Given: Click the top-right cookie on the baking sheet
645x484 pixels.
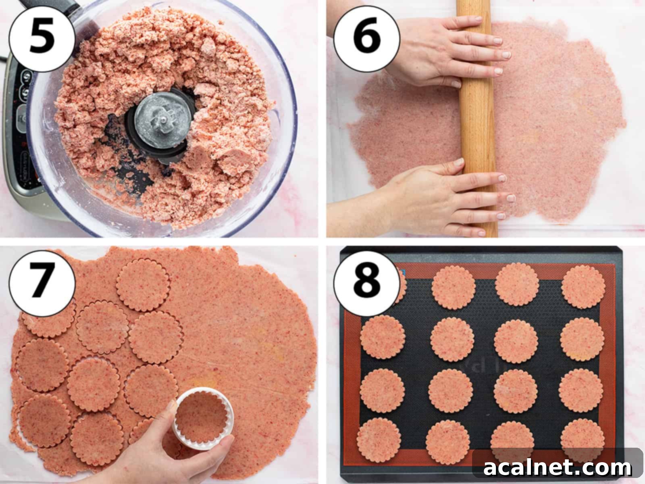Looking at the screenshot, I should pos(583,287).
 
